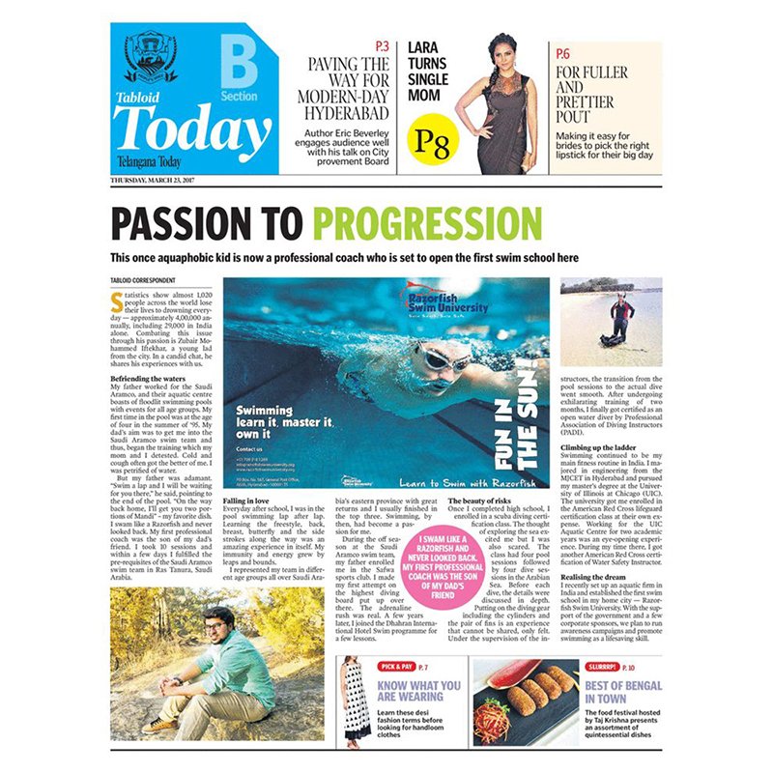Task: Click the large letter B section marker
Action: [x=239, y=63]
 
